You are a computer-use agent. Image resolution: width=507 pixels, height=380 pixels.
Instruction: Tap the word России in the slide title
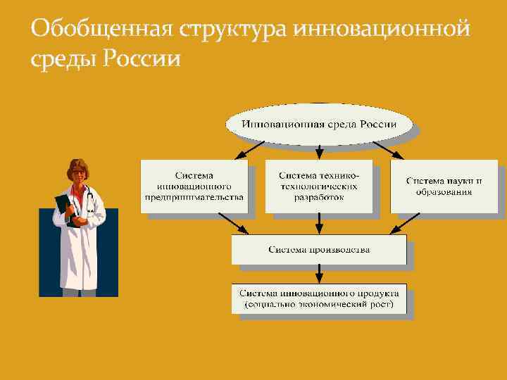pos(142,58)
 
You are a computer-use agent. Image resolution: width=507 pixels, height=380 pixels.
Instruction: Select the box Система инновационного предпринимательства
pos(194,186)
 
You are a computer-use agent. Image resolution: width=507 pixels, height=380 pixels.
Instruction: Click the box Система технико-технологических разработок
pos(319,186)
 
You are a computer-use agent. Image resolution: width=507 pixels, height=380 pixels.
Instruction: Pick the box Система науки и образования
pos(444,186)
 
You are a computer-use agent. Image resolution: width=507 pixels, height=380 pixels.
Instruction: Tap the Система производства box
pos(319,250)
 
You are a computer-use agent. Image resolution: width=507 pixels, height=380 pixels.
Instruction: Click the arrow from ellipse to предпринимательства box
pos(249,151)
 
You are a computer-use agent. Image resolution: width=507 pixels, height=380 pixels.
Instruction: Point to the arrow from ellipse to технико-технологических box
pos(319,149)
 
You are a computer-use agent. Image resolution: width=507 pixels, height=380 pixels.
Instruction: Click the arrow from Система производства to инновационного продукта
pos(319,274)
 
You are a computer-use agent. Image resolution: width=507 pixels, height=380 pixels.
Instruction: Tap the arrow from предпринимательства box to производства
pos(237,224)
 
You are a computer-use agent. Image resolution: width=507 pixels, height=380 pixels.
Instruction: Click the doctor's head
pos(78,172)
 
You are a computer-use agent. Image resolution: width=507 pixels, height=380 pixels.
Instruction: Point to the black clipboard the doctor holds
pos(65,208)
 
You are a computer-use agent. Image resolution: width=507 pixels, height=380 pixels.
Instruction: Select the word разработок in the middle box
pos(319,198)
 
